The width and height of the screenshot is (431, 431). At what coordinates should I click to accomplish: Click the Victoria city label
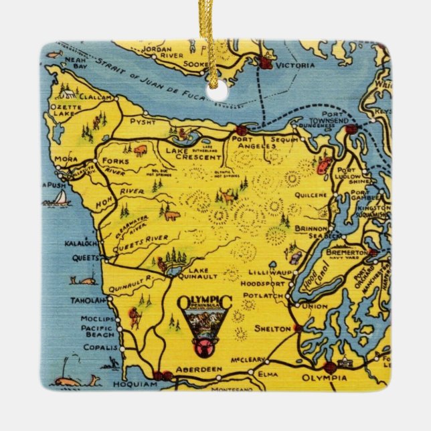pyautogui.click(x=297, y=66)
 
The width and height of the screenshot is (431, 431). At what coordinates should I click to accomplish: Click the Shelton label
pyautogui.click(x=272, y=329)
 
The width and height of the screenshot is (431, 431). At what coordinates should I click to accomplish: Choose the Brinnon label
pyautogui.click(x=309, y=229)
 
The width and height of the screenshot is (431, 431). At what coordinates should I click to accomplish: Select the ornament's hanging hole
pyautogui.click(x=215, y=94)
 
